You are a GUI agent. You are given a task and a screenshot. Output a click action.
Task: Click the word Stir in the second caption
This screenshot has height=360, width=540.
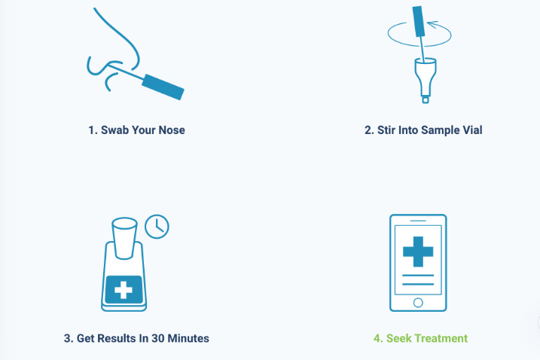[386, 130]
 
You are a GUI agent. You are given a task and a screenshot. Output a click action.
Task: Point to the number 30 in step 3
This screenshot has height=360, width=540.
[157, 338]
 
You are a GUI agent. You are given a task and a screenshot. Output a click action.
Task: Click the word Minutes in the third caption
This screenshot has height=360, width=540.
[188, 338]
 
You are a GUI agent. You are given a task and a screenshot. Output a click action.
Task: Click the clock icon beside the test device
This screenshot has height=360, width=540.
[157, 227]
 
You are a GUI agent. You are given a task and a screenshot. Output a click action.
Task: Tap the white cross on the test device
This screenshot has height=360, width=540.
[124, 290]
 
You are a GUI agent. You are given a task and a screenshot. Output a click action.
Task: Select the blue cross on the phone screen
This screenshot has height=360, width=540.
[418, 252]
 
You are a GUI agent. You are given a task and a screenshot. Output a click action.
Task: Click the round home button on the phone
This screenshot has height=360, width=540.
[418, 303]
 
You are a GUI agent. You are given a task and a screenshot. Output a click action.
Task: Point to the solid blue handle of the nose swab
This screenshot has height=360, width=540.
[163, 87]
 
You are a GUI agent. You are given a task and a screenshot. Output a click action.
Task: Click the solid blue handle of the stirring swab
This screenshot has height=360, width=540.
[419, 21]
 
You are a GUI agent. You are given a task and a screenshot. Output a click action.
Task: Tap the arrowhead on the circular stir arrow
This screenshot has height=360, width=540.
[432, 25]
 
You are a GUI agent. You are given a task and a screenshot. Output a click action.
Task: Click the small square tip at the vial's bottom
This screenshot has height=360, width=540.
[426, 100]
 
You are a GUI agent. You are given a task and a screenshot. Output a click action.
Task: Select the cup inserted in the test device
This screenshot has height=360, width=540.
[124, 238]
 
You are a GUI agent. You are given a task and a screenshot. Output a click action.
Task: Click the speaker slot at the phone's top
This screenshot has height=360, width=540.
[418, 221]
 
